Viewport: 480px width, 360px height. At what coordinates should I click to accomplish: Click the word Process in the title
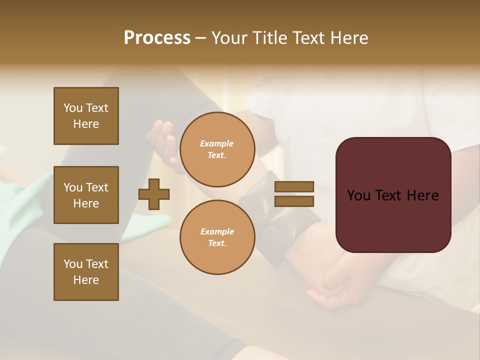(x=157, y=38)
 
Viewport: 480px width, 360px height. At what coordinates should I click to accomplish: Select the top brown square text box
(x=86, y=116)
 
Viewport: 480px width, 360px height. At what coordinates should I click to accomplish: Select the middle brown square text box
(x=86, y=195)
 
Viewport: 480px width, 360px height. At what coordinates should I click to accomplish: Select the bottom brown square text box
(x=86, y=272)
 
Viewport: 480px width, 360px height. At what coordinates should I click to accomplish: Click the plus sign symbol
(x=154, y=194)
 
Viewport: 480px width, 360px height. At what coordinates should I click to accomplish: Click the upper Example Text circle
(x=217, y=149)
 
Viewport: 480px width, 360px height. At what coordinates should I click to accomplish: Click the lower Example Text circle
(x=217, y=237)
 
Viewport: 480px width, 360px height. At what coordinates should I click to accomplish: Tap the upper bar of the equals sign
(x=294, y=186)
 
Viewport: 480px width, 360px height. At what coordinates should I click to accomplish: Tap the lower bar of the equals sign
(x=294, y=201)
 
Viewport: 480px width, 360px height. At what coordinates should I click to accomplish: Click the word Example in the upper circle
(x=216, y=143)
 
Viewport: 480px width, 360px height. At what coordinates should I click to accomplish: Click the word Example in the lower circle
(x=217, y=231)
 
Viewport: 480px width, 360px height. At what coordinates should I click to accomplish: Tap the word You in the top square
(x=73, y=108)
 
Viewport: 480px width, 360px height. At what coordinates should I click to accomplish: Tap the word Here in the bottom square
(x=86, y=280)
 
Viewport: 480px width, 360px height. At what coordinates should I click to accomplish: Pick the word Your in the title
(x=228, y=38)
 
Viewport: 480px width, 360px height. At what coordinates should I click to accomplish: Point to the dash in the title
(x=200, y=38)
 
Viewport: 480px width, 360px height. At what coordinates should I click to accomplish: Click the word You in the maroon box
(x=358, y=195)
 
